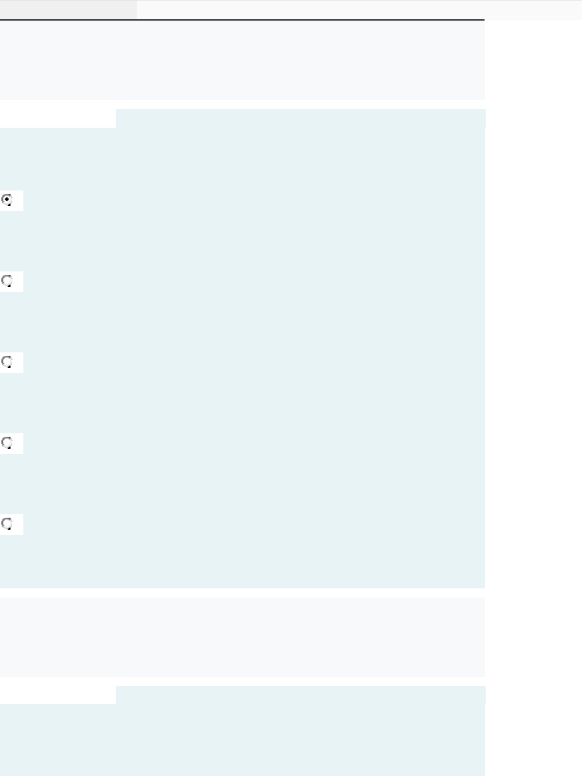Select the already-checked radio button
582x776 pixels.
point(7,200)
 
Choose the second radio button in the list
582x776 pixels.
point(7,281)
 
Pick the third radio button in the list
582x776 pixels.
point(7,362)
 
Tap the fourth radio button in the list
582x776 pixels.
point(7,443)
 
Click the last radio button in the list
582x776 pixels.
point(7,524)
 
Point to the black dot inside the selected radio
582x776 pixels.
point(7,200)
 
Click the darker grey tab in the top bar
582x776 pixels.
point(68,9)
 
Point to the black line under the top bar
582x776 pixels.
point(242,20)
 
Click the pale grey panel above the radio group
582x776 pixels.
point(242,60)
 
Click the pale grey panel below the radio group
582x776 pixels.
point(242,636)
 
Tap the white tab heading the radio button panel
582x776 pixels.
point(58,118)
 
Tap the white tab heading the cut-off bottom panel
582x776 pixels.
point(58,695)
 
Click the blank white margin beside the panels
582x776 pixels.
point(533,342)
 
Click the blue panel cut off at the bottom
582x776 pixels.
point(242,741)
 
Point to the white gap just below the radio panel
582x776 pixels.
point(242,592)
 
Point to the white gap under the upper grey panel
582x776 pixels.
point(242,104)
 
